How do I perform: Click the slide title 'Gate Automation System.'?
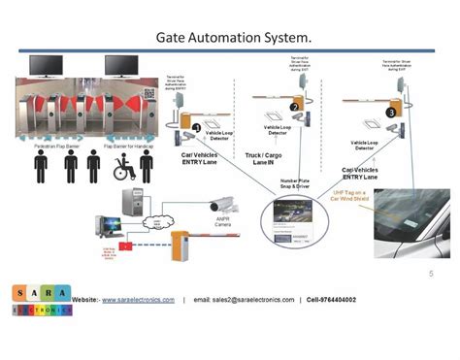234,37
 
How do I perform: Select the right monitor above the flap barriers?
123,65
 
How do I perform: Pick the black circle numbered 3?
390,112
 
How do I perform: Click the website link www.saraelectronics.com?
138,300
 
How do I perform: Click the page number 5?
431,275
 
